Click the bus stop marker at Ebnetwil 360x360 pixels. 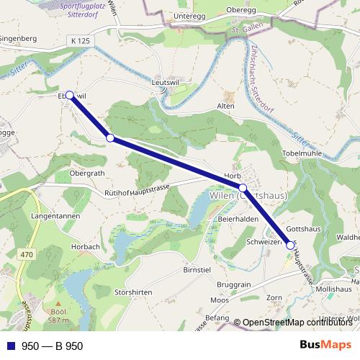[x=70, y=95]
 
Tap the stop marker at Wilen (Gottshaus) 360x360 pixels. [x=243, y=188]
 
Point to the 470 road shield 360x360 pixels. [x=27, y=254]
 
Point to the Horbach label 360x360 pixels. [x=86, y=246]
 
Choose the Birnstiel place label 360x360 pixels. [x=197, y=269]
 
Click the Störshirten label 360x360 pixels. [x=133, y=292]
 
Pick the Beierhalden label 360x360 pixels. [x=238, y=219]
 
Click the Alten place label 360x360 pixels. [x=226, y=106]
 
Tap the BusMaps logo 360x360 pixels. [x=325, y=345]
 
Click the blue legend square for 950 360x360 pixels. [x=10, y=346]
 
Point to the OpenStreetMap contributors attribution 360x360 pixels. [x=297, y=323]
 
